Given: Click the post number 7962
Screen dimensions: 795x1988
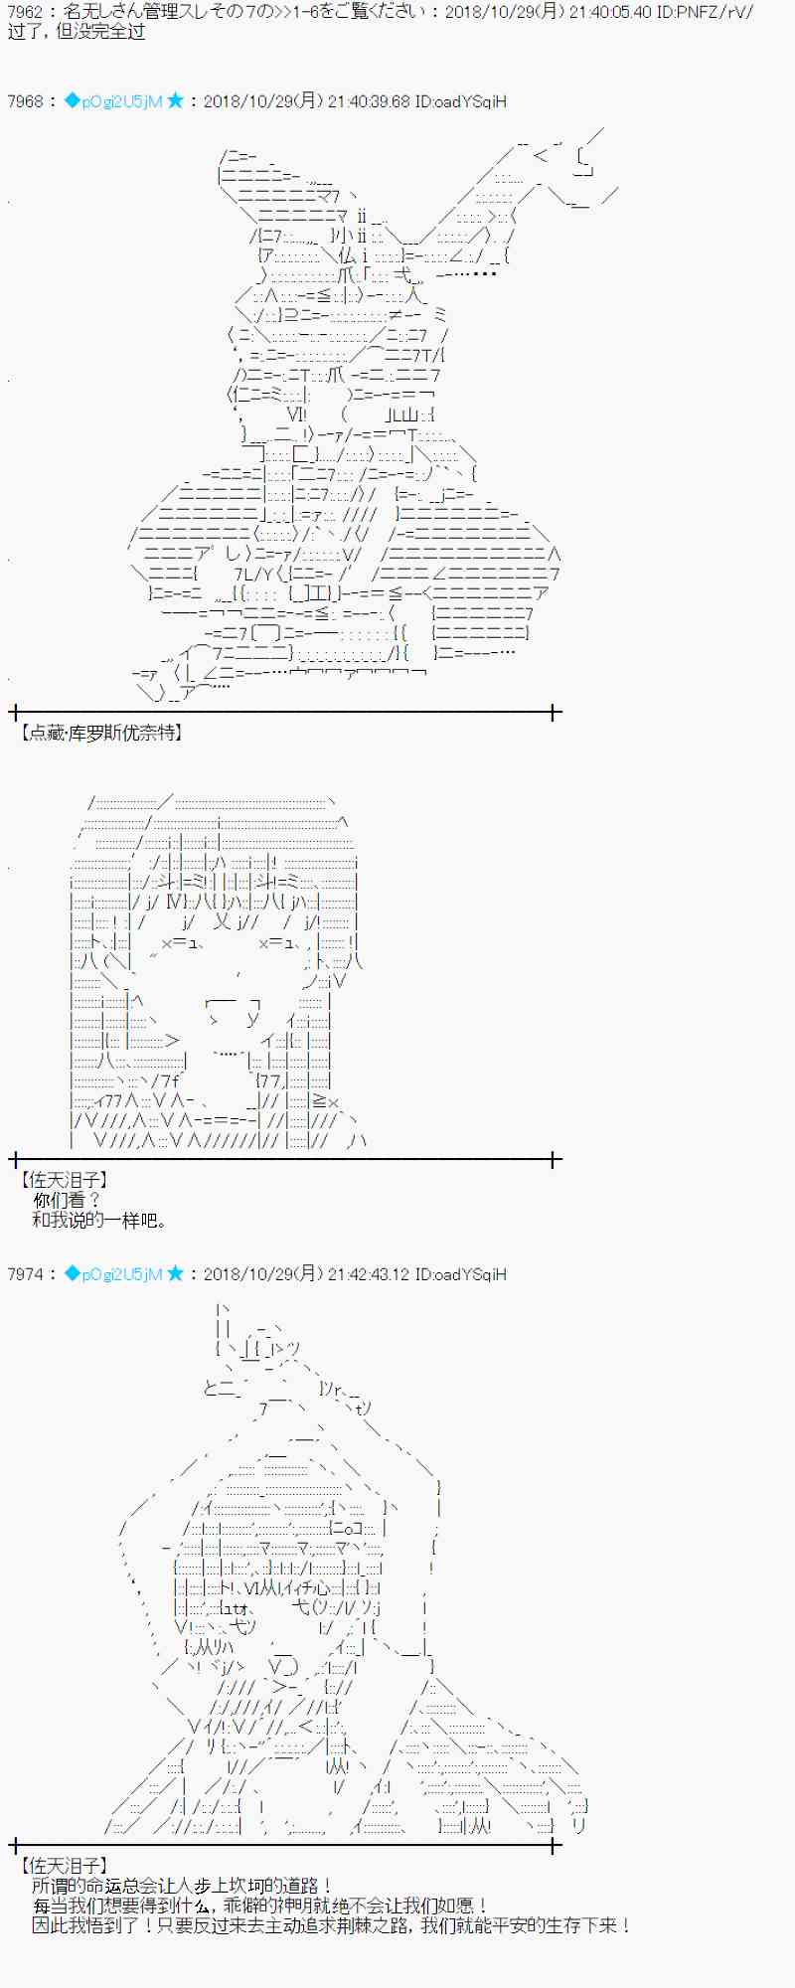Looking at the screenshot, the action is (25, 13).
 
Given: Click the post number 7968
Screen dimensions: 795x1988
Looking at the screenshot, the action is (25, 101).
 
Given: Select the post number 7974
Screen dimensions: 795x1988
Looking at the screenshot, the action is (25, 1274).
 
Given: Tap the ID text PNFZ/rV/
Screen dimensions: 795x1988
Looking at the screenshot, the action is (718, 13).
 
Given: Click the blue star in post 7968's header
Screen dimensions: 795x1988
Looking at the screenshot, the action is (175, 100).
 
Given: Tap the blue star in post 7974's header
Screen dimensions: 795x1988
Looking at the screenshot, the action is (175, 1273).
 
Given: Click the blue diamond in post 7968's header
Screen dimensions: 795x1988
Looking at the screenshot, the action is (72, 100).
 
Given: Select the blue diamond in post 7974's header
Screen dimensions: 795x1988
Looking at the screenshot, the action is (72, 1273).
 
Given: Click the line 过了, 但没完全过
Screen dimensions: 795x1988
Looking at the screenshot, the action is (76, 32).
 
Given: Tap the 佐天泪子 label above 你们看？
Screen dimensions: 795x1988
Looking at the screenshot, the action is (64, 1180).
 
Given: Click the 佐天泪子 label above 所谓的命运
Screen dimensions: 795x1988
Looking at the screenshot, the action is (64, 1867).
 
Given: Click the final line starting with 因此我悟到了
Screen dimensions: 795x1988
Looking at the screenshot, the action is (331, 1925).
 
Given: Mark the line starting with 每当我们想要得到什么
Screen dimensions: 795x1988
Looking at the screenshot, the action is (260, 1905).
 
